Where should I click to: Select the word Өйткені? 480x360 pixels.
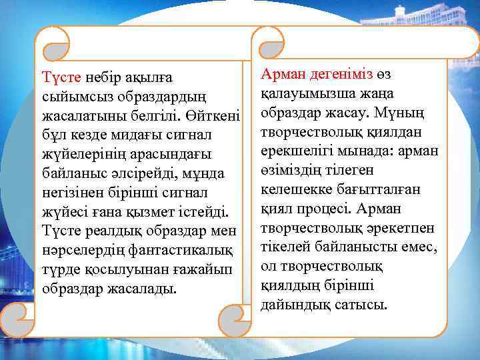coord(218,116)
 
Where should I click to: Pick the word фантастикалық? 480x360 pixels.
coord(177,251)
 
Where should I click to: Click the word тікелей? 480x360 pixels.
coord(285,247)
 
